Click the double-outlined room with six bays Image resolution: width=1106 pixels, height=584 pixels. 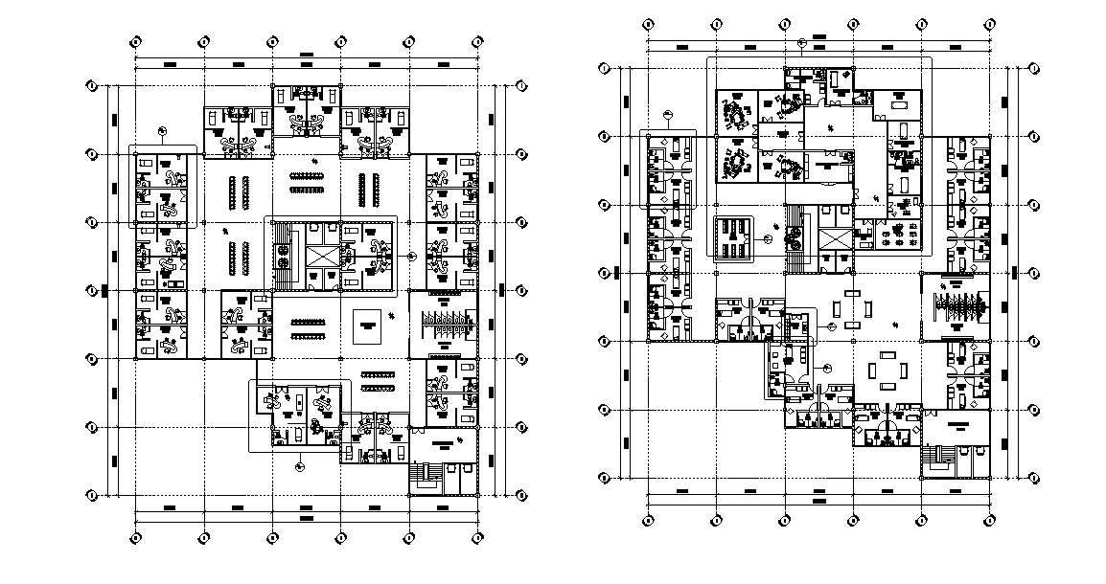pyautogui.click(x=733, y=236)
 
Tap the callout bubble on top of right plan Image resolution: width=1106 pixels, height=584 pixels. pyautogui.click(x=801, y=43)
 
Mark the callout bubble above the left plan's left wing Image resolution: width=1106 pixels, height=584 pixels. pyautogui.click(x=163, y=132)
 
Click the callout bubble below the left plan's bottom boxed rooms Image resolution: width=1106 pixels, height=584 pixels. pyautogui.click(x=300, y=466)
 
